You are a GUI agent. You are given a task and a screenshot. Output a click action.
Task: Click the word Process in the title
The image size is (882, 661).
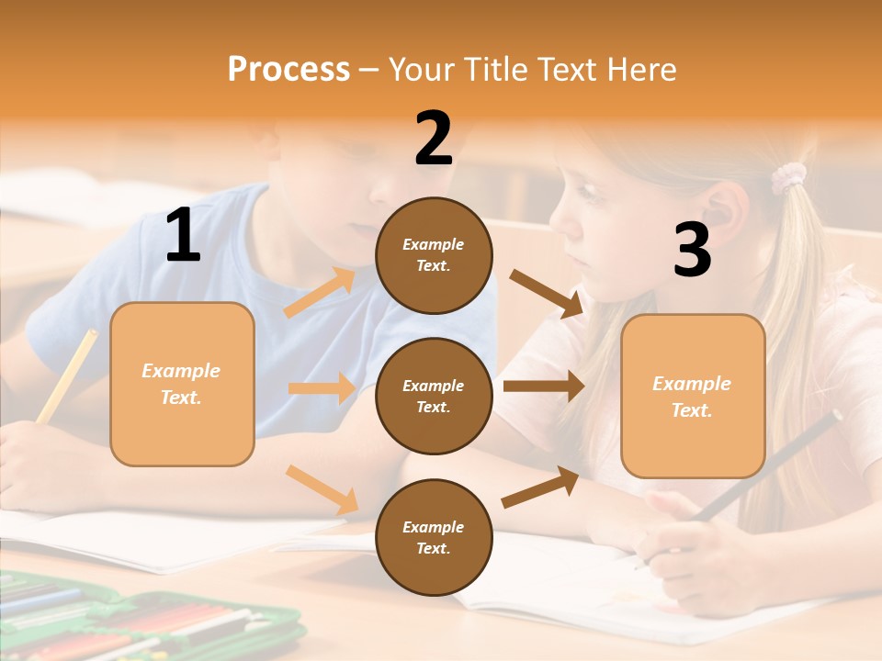pos(288,69)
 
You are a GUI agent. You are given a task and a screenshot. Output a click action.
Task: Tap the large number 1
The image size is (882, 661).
pos(183,236)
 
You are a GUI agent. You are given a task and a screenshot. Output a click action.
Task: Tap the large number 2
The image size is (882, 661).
pos(434,139)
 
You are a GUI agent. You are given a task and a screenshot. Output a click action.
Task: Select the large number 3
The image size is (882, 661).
pos(692,250)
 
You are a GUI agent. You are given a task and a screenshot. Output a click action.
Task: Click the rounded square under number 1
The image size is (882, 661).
pos(182,384)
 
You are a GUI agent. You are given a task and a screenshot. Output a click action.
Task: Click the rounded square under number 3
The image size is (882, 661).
pos(693,397)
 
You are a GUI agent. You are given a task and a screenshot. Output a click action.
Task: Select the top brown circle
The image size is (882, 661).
pos(434,255)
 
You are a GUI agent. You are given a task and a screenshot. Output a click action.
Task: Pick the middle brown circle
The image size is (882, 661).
pos(434,396)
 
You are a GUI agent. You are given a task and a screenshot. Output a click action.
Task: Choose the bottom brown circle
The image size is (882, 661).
pos(434,537)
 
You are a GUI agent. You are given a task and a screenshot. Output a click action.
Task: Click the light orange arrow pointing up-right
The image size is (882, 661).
pos(320,293)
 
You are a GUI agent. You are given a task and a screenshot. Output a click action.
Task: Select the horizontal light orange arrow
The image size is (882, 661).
pos(322,388)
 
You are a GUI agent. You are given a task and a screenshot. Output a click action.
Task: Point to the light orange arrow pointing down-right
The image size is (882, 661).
pos(322,489)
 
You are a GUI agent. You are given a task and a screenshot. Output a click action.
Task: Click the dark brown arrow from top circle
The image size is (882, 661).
pos(547,294)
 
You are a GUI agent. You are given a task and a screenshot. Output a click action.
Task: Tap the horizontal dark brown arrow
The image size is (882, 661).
pos(544,387)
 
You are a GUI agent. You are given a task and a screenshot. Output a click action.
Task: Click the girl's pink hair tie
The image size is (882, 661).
pos(787,176)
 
